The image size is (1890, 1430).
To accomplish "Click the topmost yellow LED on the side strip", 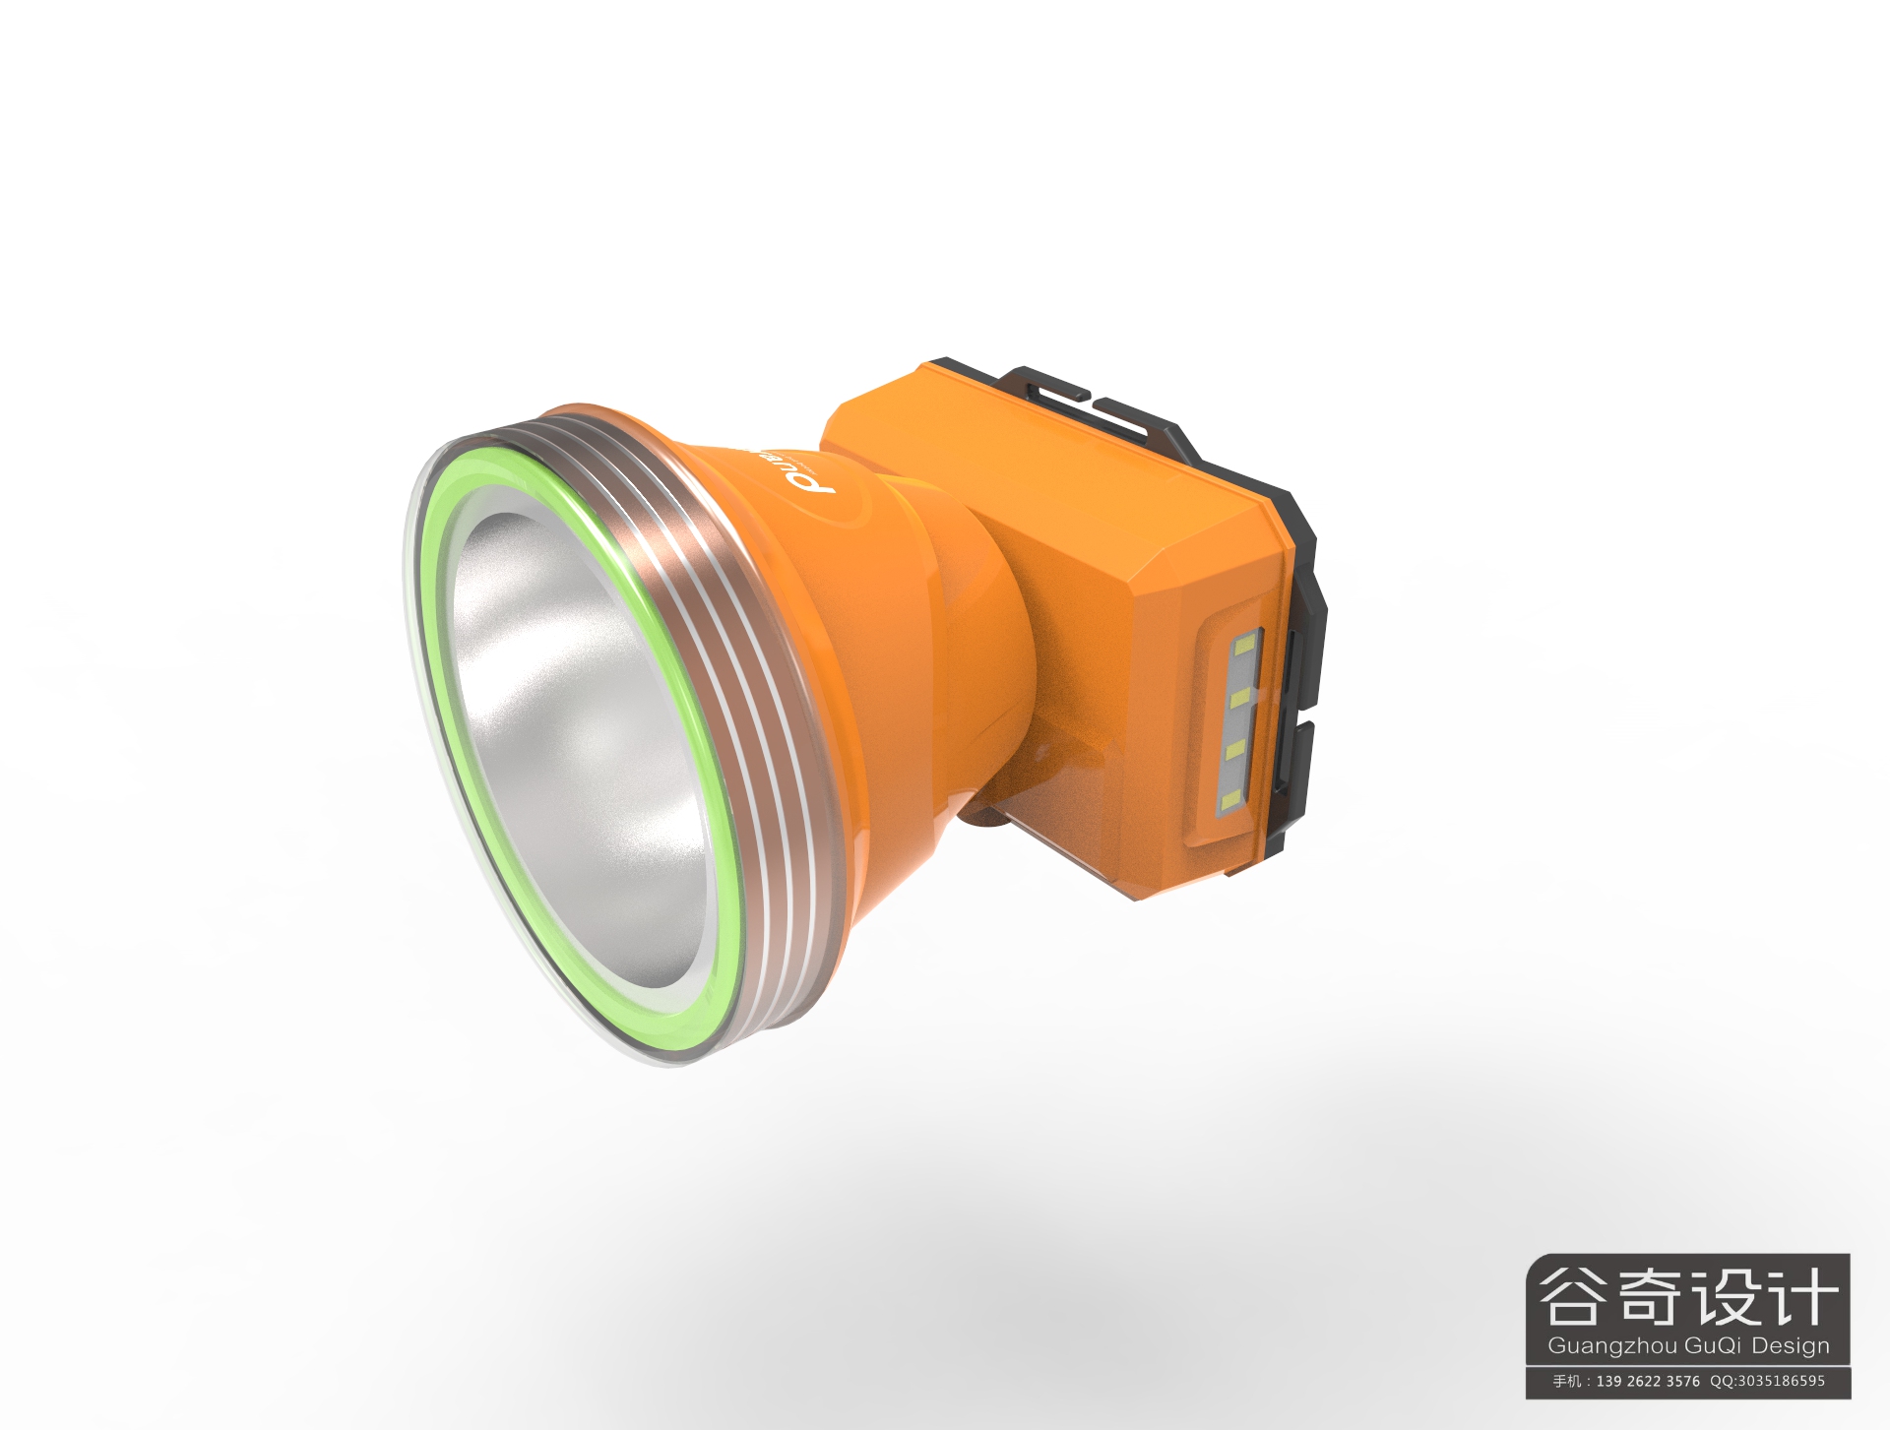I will tap(1244, 647).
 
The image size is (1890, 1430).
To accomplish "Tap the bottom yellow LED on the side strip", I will tap(1229, 803).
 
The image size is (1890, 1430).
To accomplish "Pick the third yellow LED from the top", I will tap(1234, 751).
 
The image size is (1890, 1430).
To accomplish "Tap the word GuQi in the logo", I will tap(1714, 1345).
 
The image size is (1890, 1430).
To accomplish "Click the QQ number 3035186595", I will tap(1781, 1381).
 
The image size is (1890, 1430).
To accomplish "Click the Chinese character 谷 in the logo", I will tap(1572, 1296).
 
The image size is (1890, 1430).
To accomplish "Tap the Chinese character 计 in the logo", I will tap(1803, 1296).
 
